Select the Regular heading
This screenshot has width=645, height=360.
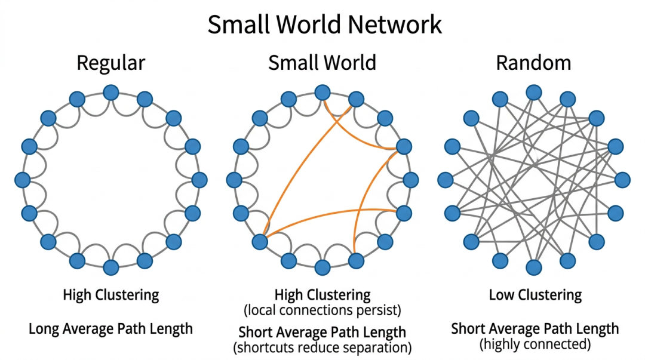coord(111,63)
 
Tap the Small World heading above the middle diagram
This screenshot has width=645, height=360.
coord(322,63)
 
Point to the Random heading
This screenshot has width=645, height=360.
coord(533,63)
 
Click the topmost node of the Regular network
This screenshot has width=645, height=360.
coord(110,93)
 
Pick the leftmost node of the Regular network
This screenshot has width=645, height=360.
coord(23,179)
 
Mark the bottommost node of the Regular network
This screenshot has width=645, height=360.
coord(110,266)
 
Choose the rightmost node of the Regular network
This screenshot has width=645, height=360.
coord(199,179)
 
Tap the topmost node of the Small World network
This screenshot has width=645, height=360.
coord(322,92)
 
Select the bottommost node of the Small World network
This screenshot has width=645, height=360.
coord(322,266)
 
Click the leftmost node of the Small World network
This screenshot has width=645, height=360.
coord(235,179)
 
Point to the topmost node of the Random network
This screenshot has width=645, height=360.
coord(533,93)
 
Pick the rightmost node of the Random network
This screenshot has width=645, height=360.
coord(622,179)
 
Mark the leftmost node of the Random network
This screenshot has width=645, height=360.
coord(446,179)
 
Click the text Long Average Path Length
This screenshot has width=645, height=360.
coord(110,328)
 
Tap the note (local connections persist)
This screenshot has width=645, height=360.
coord(322,310)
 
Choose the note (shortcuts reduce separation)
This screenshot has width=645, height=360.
coord(322,346)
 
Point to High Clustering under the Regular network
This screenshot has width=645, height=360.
coord(111,294)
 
